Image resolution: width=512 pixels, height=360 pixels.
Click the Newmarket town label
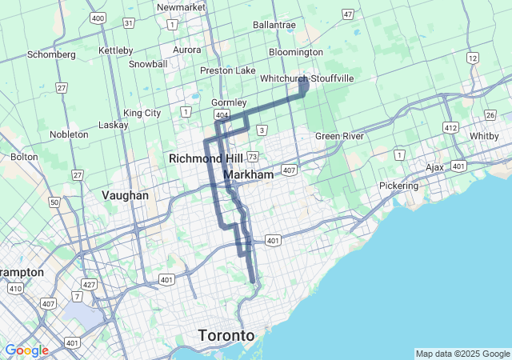tap(182, 7)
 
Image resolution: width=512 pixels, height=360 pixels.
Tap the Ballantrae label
tap(274, 25)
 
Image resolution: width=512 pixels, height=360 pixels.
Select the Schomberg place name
tap(51, 54)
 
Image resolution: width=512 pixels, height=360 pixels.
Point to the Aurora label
tap(187, 50)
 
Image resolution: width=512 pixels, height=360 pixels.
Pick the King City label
tap(142, 113)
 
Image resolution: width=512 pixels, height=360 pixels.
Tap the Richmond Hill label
tap(206, 158)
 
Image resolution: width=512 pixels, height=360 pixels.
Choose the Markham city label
tap(249, 174)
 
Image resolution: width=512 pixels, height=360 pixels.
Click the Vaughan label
tap(126, 195)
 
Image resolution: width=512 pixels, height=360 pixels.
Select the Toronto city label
tap(226, 334)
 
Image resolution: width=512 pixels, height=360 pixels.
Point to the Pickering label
tap(398, 186)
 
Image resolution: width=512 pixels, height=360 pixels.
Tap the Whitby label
tap(484, 136)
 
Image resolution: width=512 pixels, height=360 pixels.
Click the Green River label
tap(339, 136)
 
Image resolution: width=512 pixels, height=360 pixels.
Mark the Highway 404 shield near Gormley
tap(222, 116)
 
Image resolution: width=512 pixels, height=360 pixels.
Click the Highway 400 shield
tap(98, 17)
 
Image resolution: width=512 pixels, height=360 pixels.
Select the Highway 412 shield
tap(450, 128)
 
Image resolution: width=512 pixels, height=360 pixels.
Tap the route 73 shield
tap(253, 157)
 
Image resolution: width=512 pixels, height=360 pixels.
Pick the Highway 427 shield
tap(89, 284)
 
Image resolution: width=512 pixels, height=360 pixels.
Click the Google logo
tap(26, 350)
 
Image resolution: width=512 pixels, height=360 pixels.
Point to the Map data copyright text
tap(462, 354)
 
